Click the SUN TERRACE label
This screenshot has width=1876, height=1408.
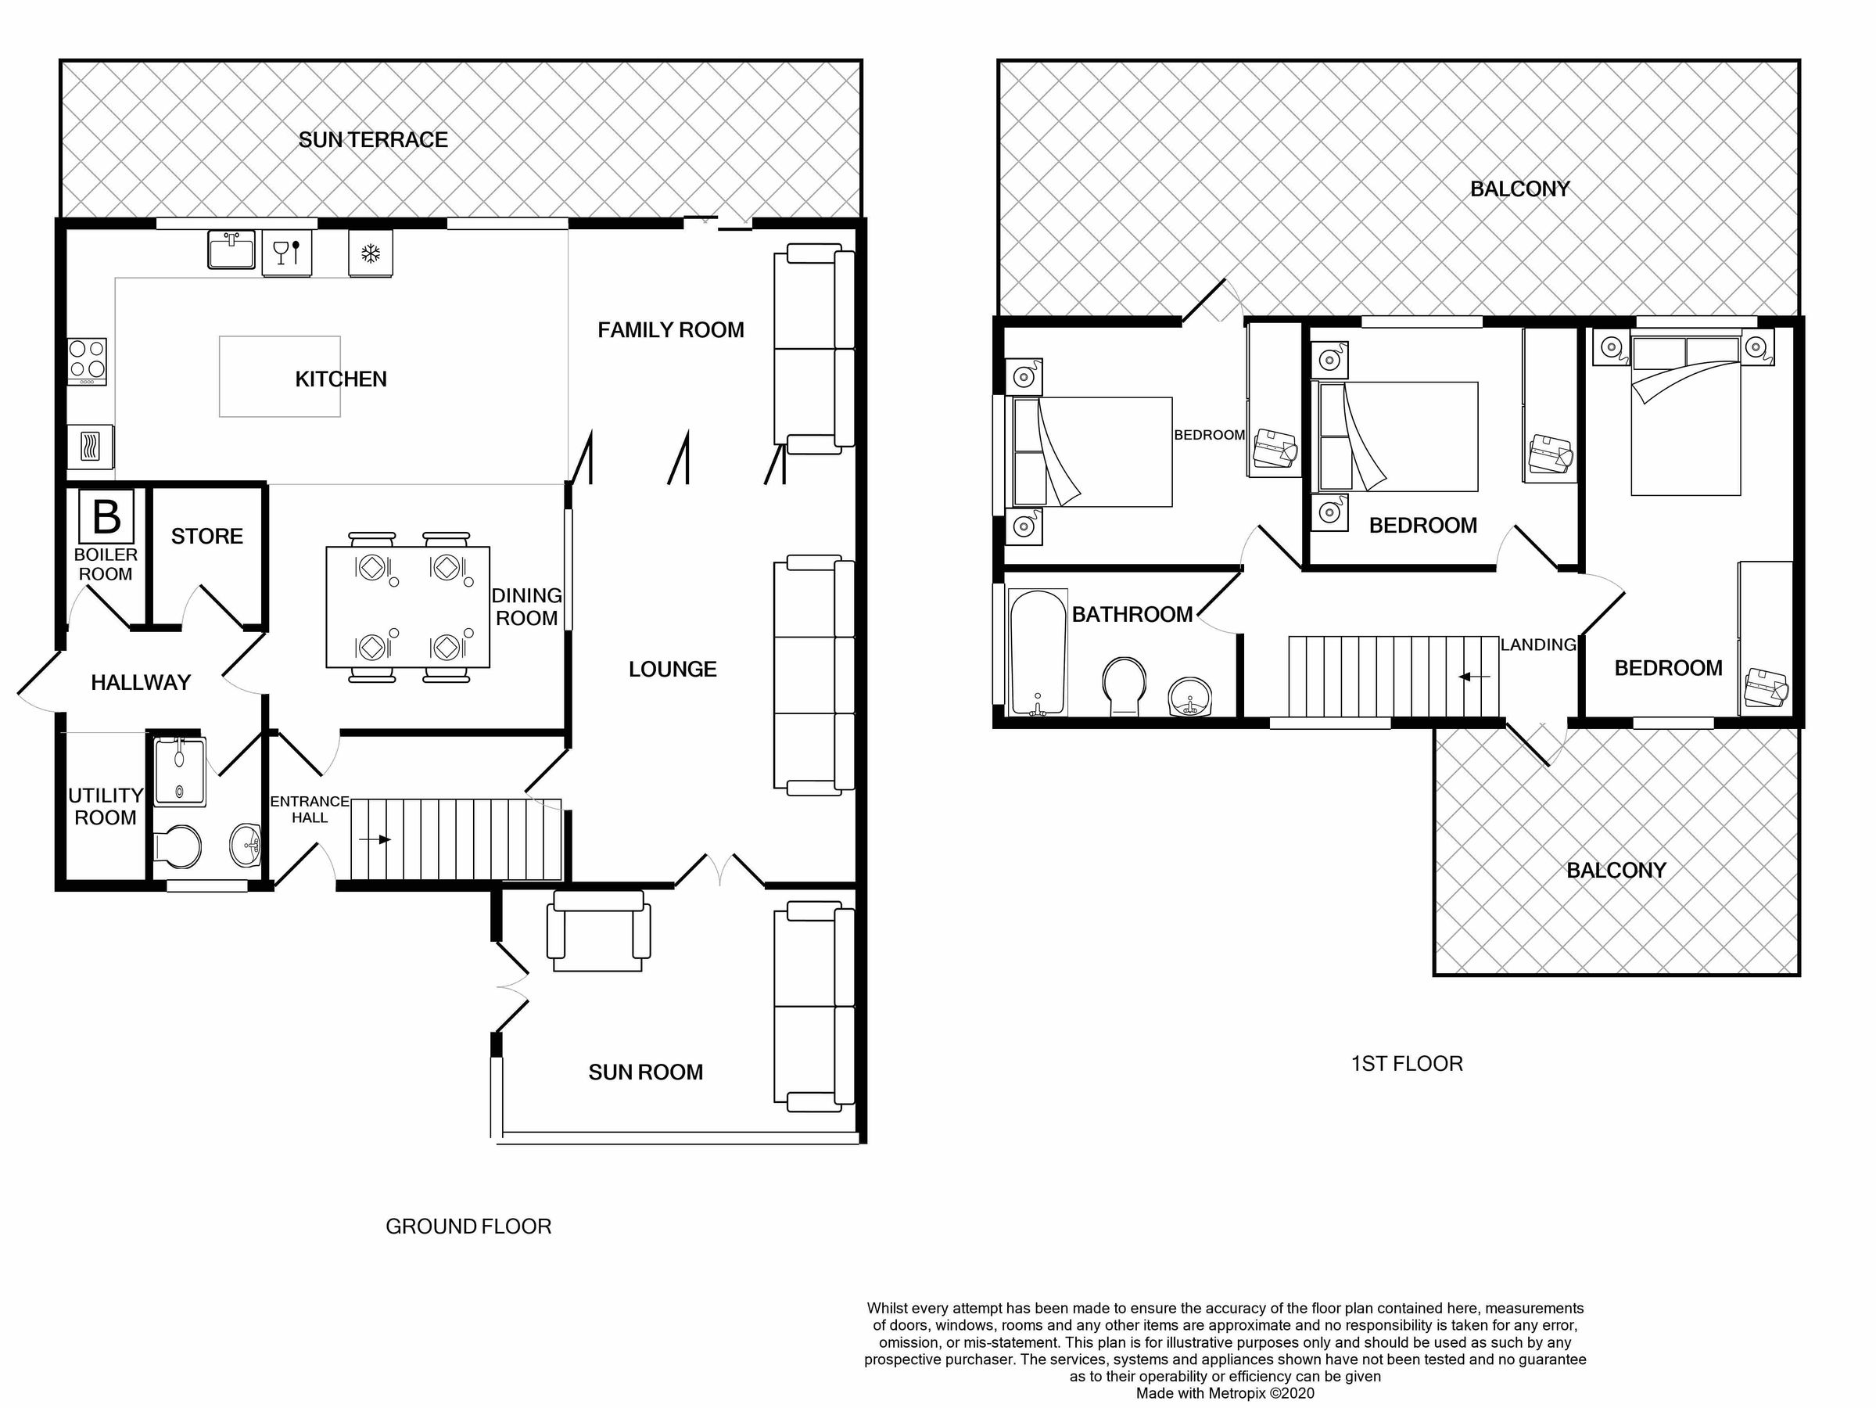[373, 140]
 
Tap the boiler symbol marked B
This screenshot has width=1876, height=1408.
[106, 515]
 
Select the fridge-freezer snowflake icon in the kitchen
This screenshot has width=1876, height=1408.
[371, 253]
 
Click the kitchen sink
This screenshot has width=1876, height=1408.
[231, 250]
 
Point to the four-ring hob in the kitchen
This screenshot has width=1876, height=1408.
[88, 361]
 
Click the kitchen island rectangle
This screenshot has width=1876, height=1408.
[280, 376]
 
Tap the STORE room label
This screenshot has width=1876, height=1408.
[207, 536]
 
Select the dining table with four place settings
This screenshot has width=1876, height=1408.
[408, 607]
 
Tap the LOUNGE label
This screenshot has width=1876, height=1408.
[673, 670]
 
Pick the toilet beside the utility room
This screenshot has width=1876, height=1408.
[178, 846]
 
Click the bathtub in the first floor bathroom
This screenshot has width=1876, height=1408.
[1037, 652]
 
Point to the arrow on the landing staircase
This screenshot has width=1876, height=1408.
[1475, 677]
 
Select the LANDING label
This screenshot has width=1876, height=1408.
[1537, 645]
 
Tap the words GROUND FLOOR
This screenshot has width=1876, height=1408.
[468, 1227]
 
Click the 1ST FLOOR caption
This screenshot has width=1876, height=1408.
[1406, 1064]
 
